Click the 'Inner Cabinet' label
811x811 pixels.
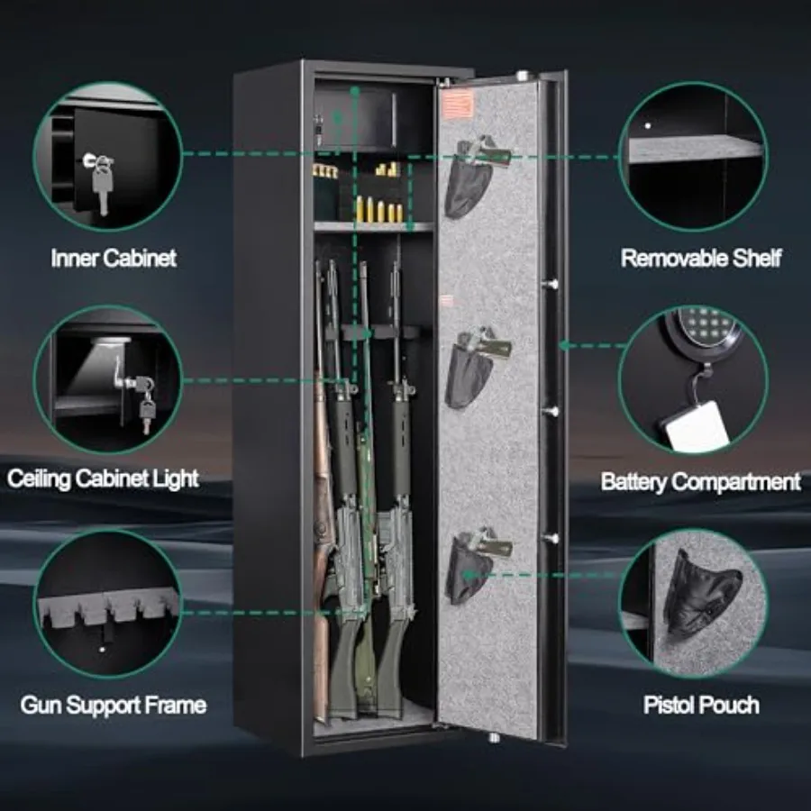pos(114,258)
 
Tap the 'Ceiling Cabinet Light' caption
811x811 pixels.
pos(103,479)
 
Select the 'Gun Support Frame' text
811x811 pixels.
pos(114,705)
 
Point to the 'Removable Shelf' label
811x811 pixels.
pos(701,258)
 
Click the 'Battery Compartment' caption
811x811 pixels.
pos(701,482)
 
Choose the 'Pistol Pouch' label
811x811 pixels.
pos(701,705)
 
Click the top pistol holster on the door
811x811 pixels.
pos(474,176)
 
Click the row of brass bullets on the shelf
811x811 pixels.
pos(378,209)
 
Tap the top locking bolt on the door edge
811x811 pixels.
pos(551,284)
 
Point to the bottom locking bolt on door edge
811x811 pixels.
pos(551,538)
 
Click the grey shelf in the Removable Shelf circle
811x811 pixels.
pos(696,150)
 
